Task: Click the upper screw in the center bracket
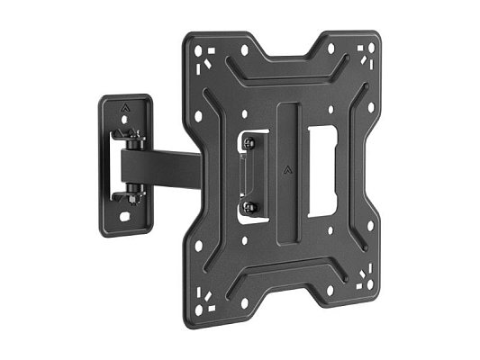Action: click(x=251, y=140)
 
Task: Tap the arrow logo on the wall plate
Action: click(x=122, y=112)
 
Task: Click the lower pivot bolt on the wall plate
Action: click(x=134, y=190)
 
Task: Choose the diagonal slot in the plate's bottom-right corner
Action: click(x=358, y=271)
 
